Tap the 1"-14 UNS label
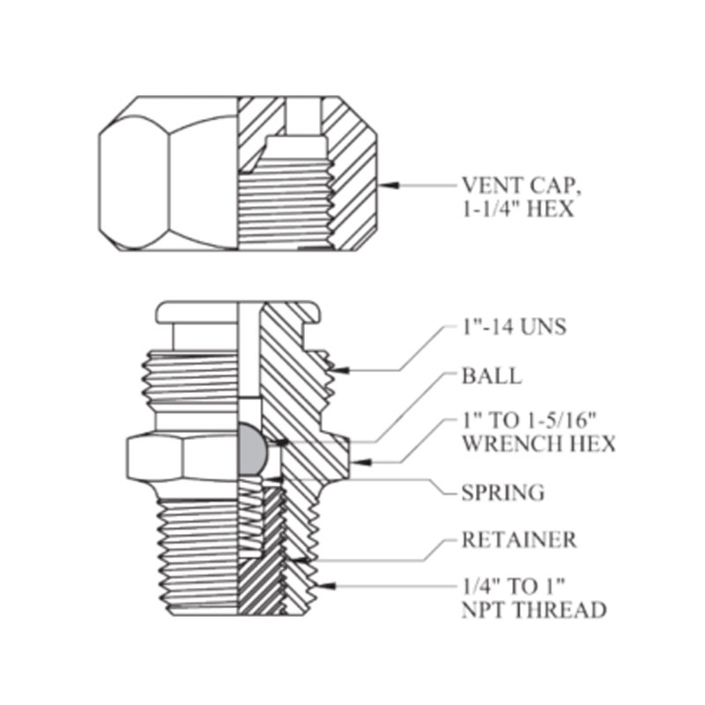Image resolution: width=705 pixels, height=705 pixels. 514,328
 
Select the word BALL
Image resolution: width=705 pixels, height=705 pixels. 492,376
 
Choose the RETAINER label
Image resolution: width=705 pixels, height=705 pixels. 519,539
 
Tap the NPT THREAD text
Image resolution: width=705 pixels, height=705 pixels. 534,610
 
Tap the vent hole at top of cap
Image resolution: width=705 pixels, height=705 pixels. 303,115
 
